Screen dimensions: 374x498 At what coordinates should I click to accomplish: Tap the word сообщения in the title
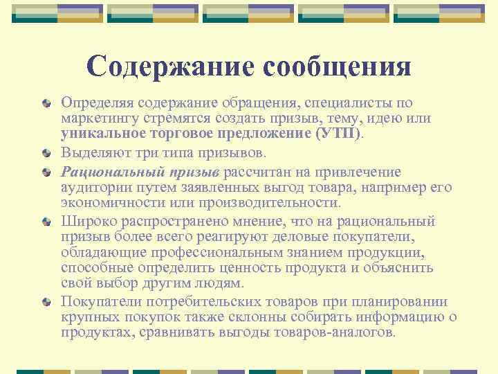(x=335, y=66)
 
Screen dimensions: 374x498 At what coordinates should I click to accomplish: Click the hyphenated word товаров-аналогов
(x=335, y=332)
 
